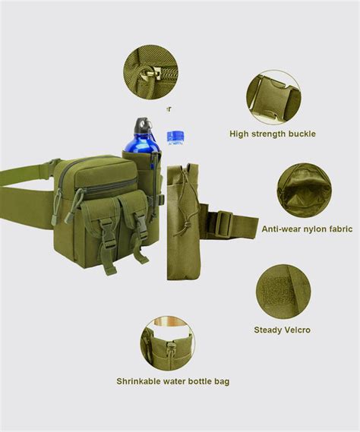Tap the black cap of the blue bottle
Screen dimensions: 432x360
pyautogui.click(x=142, y=124)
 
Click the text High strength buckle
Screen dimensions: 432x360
pyautogui.click(x=273, y=134)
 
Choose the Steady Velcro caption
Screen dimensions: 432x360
pyautogui.click(x=282, y=330)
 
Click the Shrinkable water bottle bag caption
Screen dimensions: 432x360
pyautogui.click(x=172, y=381)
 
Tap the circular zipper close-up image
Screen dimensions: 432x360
pyautogui.click(x=152, y=73)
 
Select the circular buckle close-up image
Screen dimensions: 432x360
pyautogui.click(x=273, y=96)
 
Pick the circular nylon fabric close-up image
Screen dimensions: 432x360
pyautogui.click(x=304, y=190)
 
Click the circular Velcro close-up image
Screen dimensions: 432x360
pyautogui.click(x=283, y=292)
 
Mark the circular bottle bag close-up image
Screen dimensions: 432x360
pyautogui.click(x=167, y=343)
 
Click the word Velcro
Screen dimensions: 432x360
pyautogui.click(x=295, y=330)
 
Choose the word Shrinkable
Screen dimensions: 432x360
pyautogui.click(x=140, y=381)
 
